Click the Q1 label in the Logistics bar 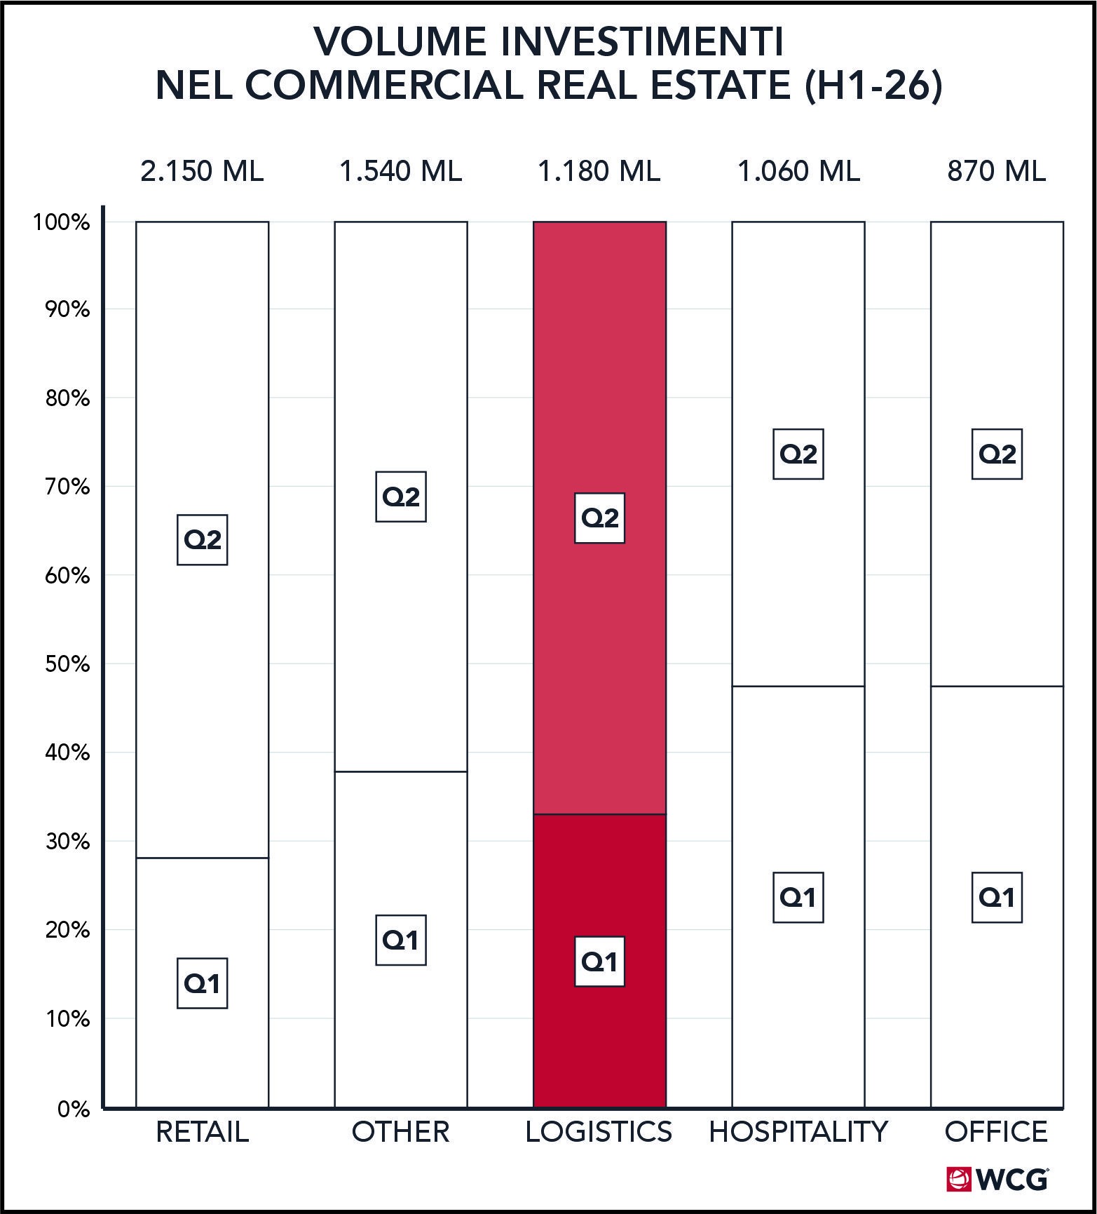coord(599,962)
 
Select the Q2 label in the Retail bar coord(203,539)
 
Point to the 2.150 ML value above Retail coord(202,171)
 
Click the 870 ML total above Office coord(997,171)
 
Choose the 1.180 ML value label coord(599,171)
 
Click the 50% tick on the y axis coord(68,664)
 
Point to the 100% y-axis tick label coord(62,223)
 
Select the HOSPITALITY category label coord(798,1132)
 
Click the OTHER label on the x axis coord(401,1132)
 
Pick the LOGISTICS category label coord(599,1132)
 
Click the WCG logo coord(997,1179)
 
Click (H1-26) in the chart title coord(873,86)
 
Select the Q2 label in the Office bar coord(997,454)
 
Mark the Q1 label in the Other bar coord(401,940)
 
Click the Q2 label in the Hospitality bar coord(798,454)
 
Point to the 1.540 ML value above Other coord(401,171)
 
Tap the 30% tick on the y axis coord(68,842)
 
